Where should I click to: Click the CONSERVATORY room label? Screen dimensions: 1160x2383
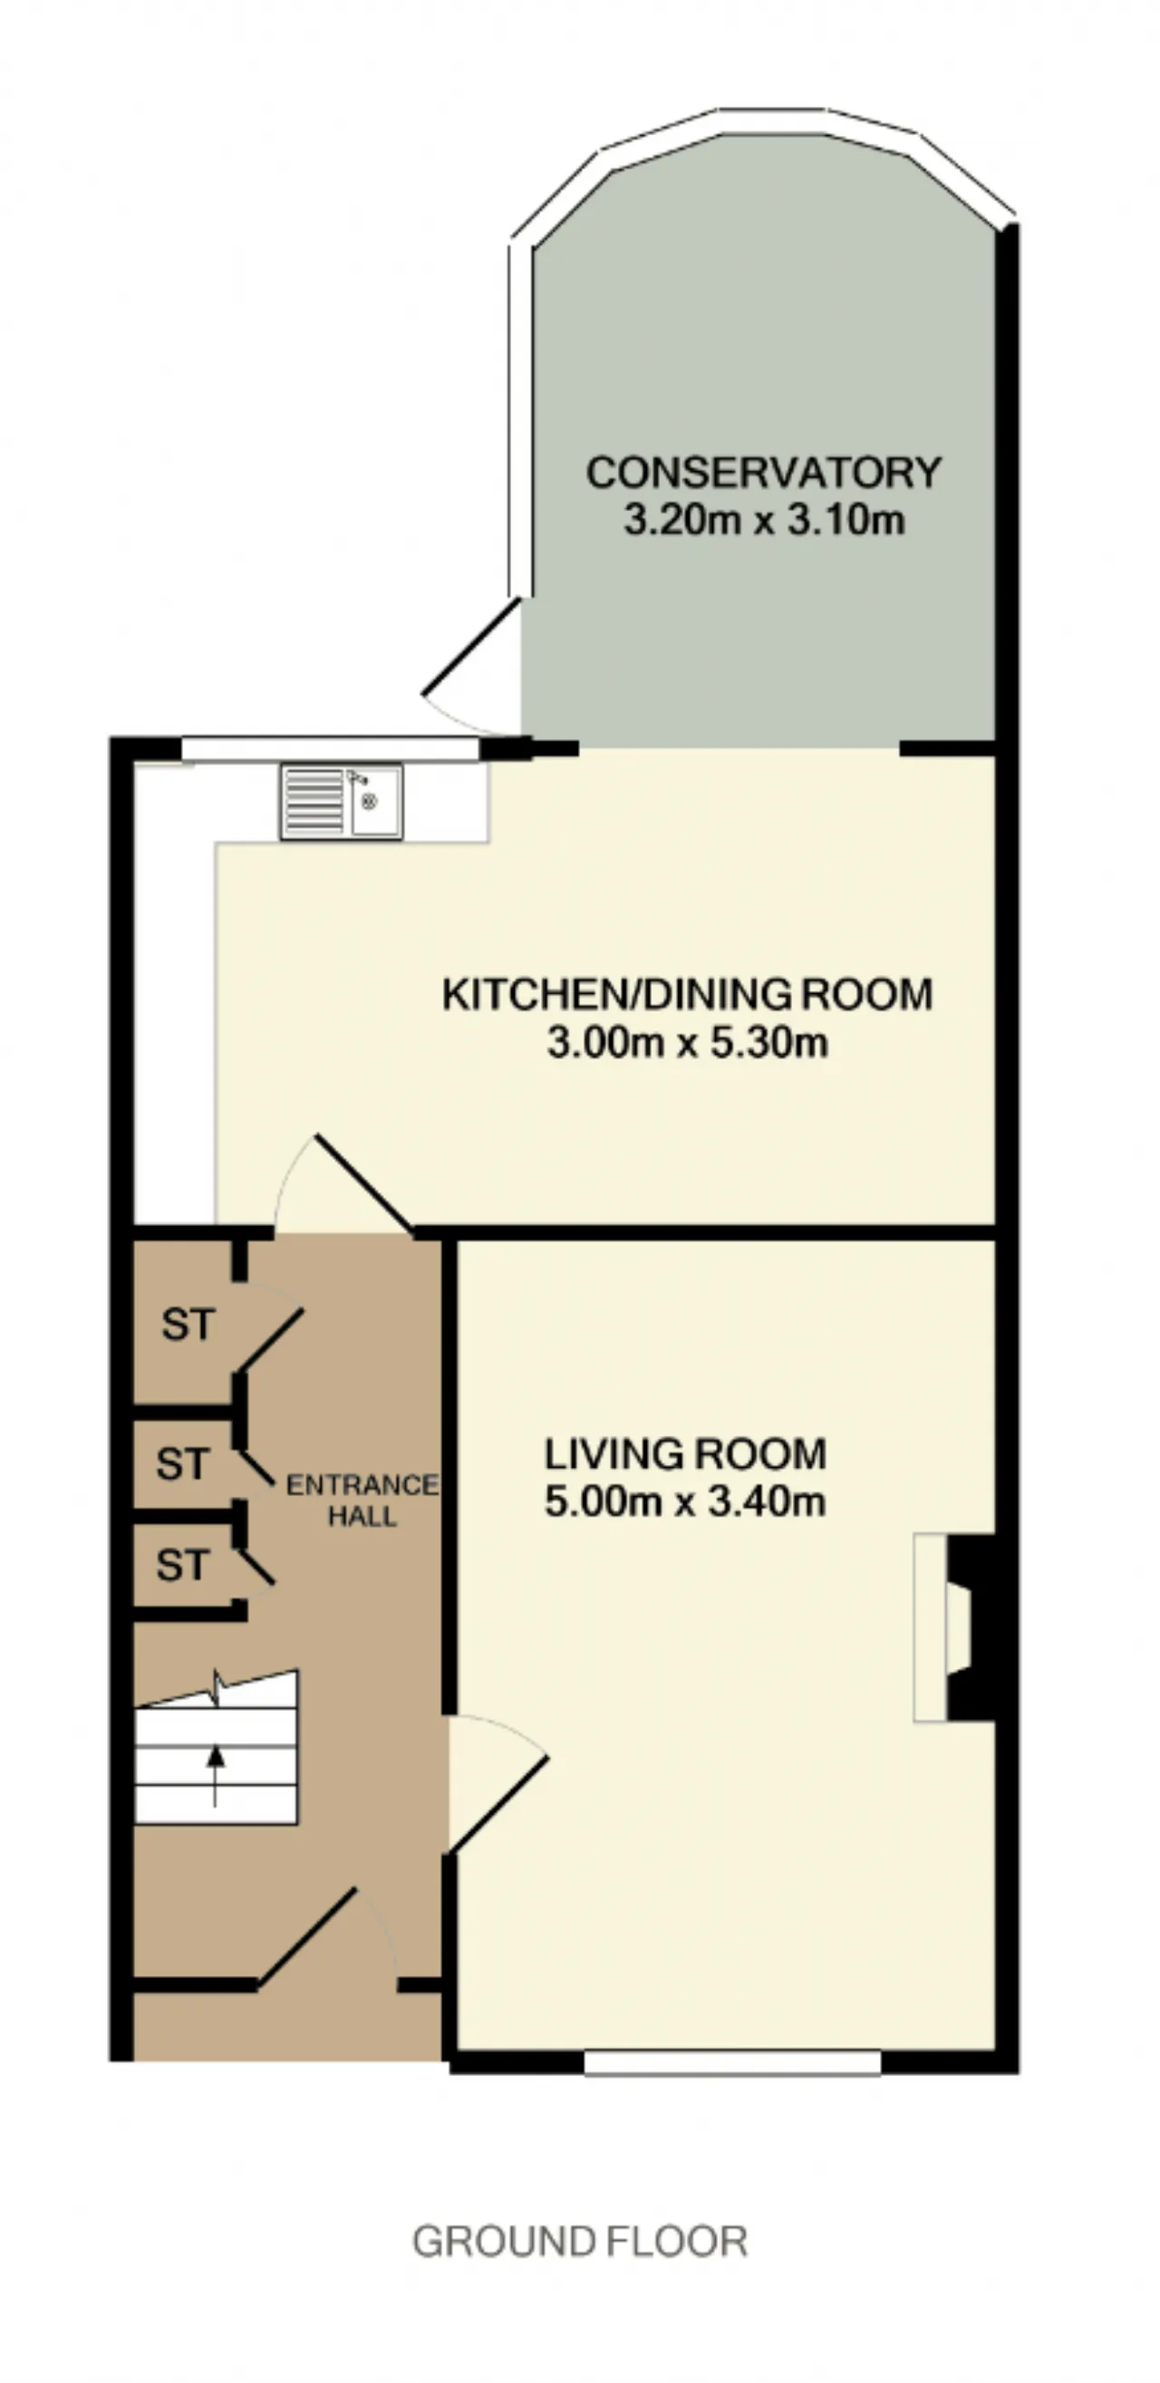click(x=763, y=473)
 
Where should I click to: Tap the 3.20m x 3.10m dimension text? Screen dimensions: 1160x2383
click(x=763, y=520)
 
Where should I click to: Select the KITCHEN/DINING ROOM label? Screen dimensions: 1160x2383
click(x=687, y=995)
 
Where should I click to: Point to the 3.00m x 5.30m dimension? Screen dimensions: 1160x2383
click(x=687, y=1043)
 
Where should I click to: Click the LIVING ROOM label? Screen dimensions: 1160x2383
click(x=685, y=1454)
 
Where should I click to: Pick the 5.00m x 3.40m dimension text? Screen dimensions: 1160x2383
click(x=685, y=1500)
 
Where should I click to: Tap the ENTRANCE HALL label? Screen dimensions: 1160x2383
click(x=362, y=1500)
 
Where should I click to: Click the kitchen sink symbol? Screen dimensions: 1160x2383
click(x=342, y=802)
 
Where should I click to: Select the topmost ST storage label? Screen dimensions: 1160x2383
click(x=188, y=1325)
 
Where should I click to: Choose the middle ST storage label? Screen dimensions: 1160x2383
click(x=182, y=1463)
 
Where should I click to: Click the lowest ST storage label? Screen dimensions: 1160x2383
click(x=182, y=1565)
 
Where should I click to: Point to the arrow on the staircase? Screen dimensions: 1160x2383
click(x=216, y=1775)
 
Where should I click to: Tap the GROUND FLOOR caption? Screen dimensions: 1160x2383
click(x=580, y=2242)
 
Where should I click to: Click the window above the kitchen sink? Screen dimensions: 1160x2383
click(x=330, y=748)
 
